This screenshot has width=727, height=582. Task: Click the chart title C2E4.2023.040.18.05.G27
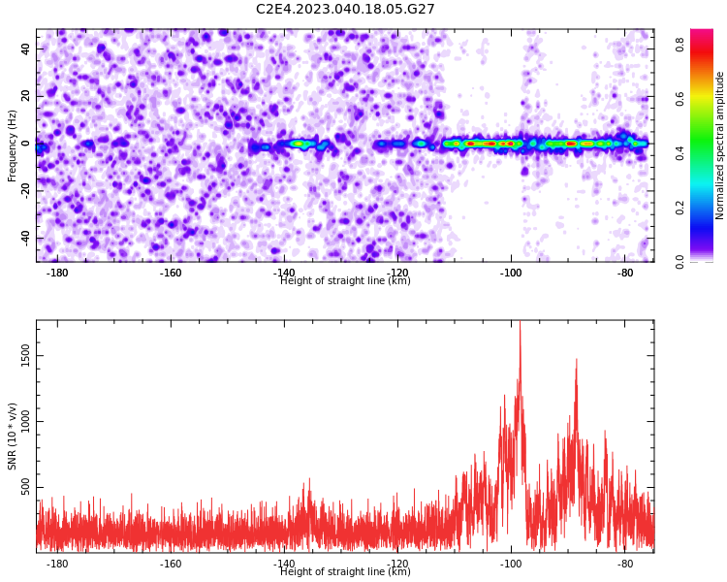[345, 9]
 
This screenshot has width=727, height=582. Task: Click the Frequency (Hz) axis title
[12, 145]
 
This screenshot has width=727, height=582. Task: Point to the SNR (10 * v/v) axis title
[12, 436]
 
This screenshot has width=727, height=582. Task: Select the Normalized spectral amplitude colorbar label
[719, 145]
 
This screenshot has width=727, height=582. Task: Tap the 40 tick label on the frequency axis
[25, 48]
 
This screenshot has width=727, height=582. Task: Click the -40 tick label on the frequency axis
[25, 238]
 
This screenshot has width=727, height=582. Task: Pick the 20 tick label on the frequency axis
[25, 96]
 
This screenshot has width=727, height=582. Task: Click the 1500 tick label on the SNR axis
[25, 356]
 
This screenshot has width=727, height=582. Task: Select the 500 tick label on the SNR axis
[25, 487]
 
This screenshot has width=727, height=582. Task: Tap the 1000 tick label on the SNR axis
[25, 421]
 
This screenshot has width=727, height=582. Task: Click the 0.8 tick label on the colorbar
[680, 45]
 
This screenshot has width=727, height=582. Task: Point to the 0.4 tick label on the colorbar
[680, 153]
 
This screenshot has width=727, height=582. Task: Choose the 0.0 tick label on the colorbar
[680, 261]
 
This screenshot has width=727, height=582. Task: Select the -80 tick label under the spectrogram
[625, 273]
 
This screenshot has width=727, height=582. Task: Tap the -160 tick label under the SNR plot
[171, 564]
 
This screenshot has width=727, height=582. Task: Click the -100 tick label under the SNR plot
[512, 564]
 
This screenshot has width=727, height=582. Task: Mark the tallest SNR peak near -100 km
[520, 322]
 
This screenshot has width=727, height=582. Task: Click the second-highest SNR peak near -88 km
[577, 359]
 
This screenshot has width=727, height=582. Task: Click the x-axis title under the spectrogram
[345, 280]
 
